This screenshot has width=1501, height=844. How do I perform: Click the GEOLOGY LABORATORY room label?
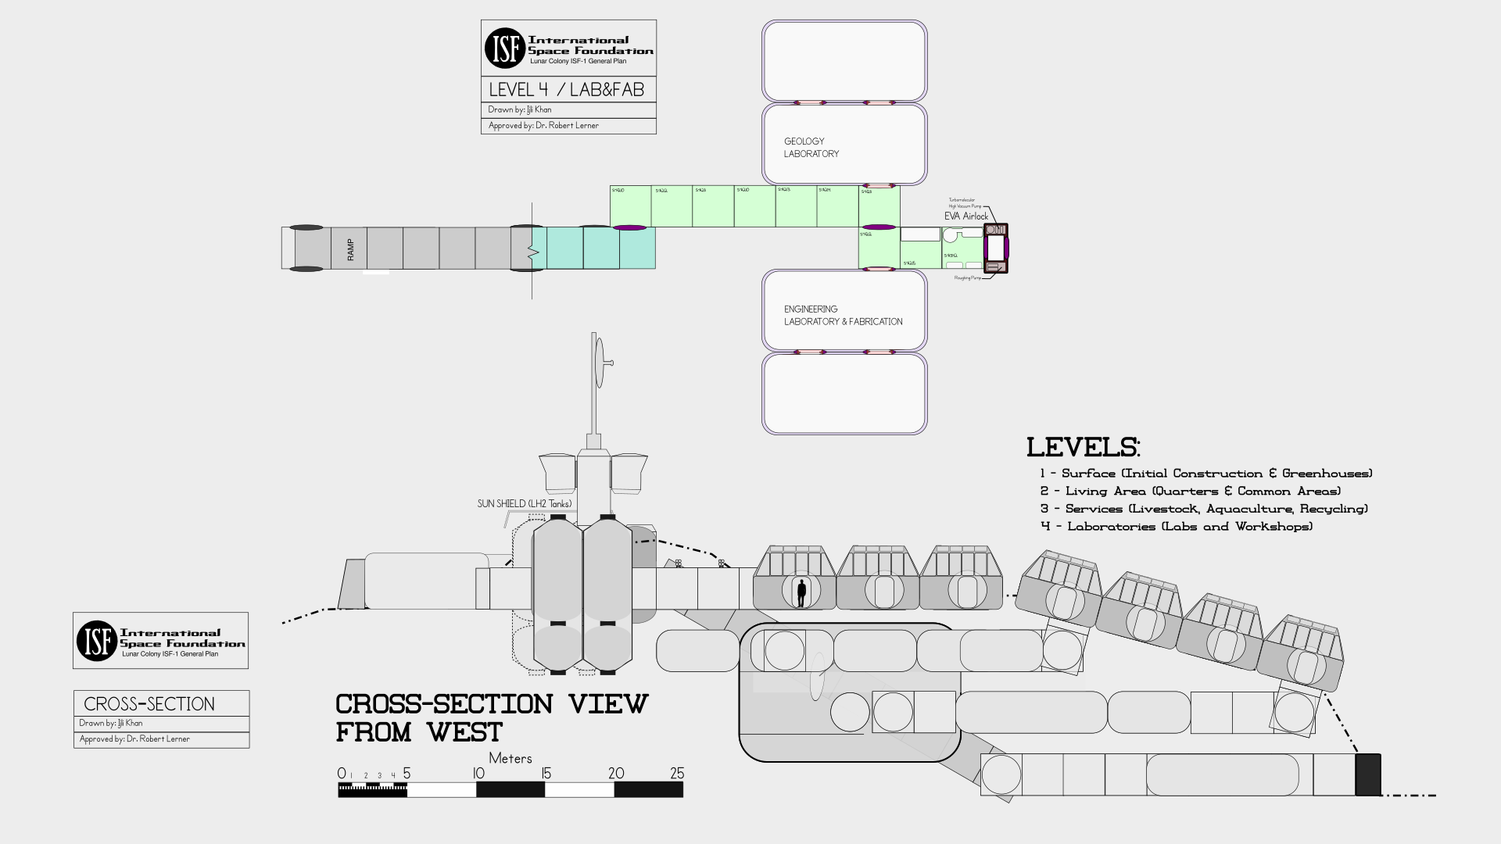pos(811,148)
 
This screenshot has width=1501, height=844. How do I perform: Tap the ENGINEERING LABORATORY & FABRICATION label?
pos(842,315)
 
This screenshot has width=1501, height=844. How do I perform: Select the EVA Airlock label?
pos(966,216)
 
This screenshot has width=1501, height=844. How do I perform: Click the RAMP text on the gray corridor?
pos(350,249)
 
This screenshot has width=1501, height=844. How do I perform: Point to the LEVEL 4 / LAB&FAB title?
pos(567,90)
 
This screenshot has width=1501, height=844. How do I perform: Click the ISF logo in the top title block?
pos(504,48)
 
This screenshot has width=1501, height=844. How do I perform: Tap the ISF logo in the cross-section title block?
pos(96,641)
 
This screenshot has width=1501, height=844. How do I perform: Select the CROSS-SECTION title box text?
pos(149,704)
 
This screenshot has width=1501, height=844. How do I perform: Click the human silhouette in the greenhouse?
pos(801,593)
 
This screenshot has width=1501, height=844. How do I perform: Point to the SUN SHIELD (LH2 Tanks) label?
pos(525,504)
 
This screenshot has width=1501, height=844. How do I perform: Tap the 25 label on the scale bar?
pos(677,774)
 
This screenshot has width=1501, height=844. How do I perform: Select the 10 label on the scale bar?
pos(478,774)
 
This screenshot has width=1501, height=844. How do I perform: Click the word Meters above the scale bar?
pos(510,758)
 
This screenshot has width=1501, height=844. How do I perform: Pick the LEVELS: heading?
pos(1083,448)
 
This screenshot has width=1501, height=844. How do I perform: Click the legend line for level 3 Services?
pos(1204,509)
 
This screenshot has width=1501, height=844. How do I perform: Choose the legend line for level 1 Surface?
pos(1205,474)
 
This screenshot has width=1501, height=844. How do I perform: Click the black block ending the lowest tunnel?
pos(1367,774)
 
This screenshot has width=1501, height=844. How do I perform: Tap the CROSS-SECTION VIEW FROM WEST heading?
pos(492,717)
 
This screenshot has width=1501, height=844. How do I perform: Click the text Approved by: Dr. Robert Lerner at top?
pos(543,126)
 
